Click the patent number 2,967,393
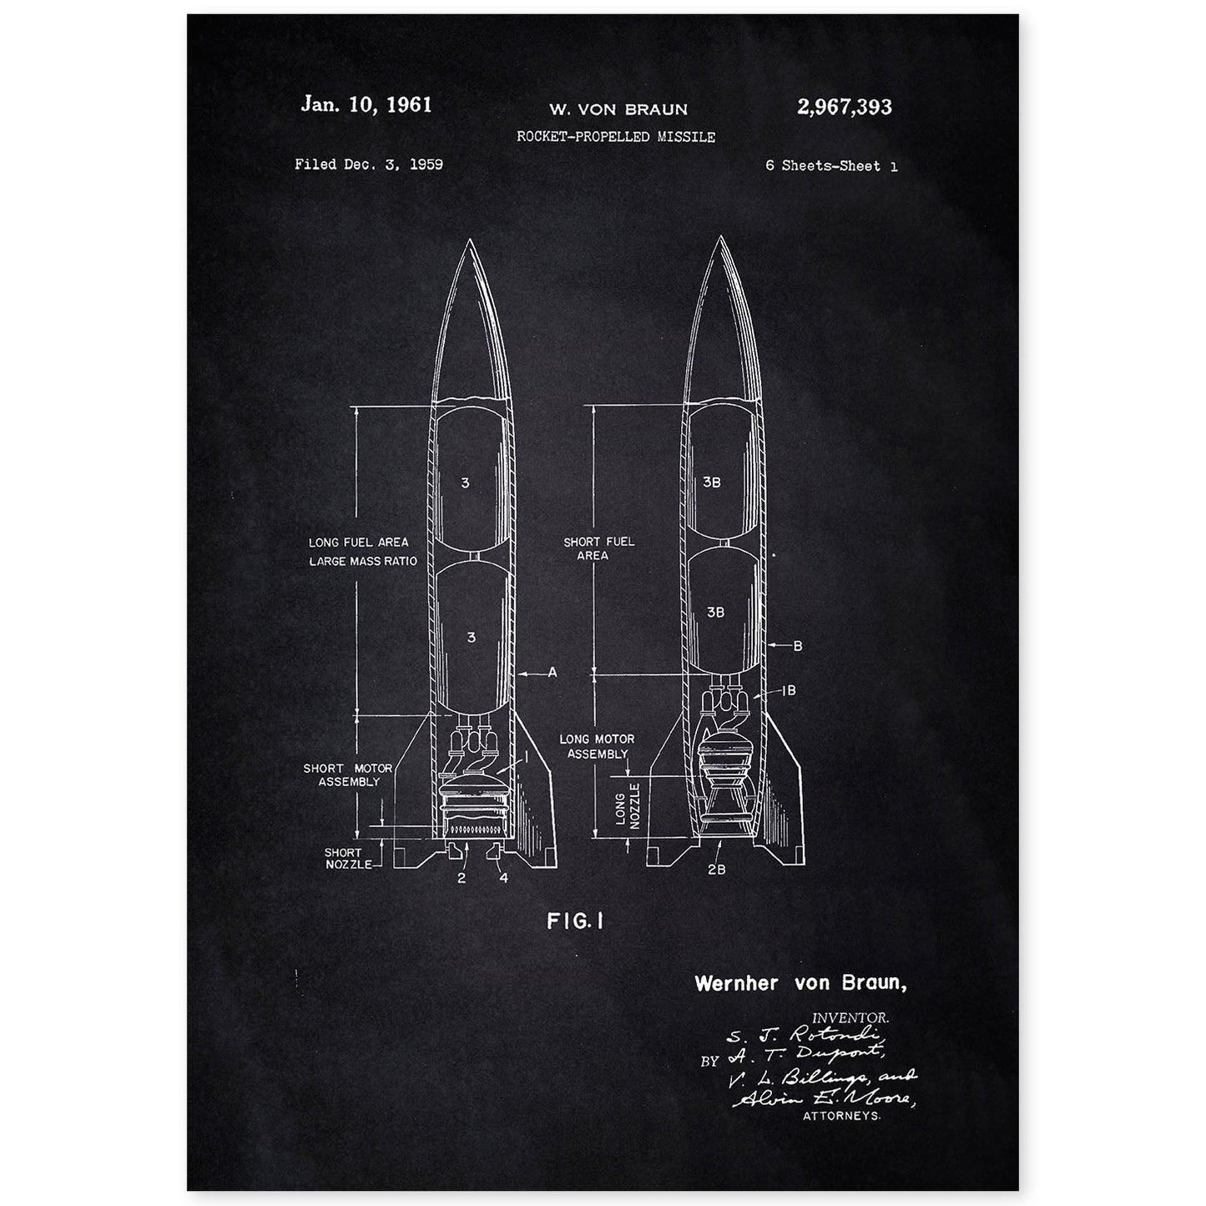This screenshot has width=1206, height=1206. tap(845, 107)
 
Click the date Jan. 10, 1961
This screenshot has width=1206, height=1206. tap(366, 105)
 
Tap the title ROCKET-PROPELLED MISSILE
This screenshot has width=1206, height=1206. tap(616, 136)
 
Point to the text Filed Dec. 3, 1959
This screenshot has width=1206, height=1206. tap(368, 164)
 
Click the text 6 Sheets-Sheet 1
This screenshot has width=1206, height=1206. tap(831, 166)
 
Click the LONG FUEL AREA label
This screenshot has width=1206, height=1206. tap(359, 542)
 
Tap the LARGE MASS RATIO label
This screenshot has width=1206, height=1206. tap(363, 562)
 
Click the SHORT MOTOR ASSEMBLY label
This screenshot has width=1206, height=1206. tap(341, 775)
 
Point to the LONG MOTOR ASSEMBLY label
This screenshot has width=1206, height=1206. tap(597, 746)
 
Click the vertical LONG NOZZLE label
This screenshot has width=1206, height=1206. tap(624, 805)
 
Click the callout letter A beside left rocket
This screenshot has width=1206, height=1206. tap(552, 671)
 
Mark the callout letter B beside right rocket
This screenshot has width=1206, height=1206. tap(798, 645)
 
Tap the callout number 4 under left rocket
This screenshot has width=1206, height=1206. tap(503, 878)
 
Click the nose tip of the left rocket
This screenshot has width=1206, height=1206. tap(469, 240)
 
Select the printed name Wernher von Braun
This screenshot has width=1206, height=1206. tap(800, 983)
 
